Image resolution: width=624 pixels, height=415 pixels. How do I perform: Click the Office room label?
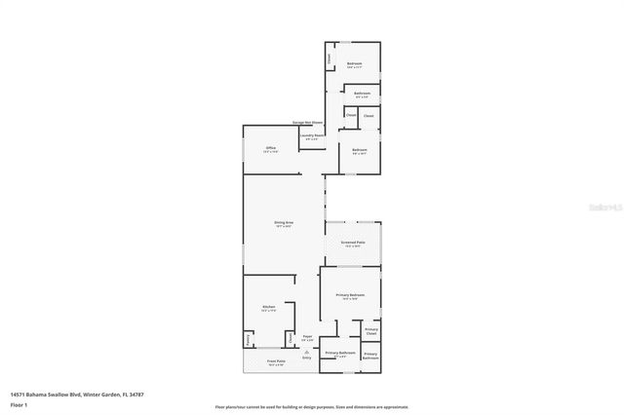[271, 148]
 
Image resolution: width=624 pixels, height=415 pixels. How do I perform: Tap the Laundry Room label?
[312, 137]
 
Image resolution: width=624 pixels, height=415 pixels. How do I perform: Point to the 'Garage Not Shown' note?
[307, 123]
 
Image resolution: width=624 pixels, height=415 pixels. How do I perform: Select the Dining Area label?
[284, 223]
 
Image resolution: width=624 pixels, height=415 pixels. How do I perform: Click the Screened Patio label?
[352, 244]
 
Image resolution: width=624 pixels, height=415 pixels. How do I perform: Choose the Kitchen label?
[268, 308]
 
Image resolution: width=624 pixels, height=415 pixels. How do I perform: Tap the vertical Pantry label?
[248, 339]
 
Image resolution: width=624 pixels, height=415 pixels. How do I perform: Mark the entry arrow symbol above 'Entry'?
[307, 352]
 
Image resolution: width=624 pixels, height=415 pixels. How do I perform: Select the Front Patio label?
[276, 362]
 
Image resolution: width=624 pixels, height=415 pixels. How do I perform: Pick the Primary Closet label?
[370, 331]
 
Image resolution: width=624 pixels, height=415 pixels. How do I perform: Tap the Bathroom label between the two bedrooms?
[361, 94]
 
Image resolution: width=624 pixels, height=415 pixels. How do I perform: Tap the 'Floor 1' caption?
[18, 402]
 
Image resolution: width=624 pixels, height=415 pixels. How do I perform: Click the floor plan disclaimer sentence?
[312, 407]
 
